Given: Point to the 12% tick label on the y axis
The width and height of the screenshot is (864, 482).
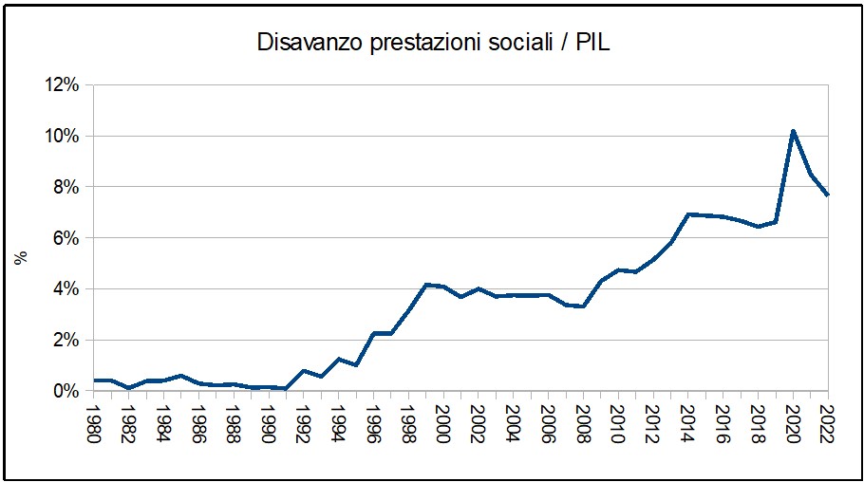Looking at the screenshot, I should [60, 85].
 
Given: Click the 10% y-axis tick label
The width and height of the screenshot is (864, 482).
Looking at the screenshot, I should [60, 137].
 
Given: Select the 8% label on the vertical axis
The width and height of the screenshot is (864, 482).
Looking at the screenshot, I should [65, 187].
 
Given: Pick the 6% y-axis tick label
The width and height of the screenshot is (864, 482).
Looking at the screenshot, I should [65, 238].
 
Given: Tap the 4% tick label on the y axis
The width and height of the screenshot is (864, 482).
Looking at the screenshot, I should [65, 289].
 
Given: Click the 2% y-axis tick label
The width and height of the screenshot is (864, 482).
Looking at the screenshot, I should [65, 340].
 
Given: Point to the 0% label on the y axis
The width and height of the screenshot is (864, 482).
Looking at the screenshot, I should [65, 391].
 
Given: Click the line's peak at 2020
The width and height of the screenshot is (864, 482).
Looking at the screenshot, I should [793, 131].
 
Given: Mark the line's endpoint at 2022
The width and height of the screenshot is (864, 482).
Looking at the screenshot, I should [828, 195].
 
